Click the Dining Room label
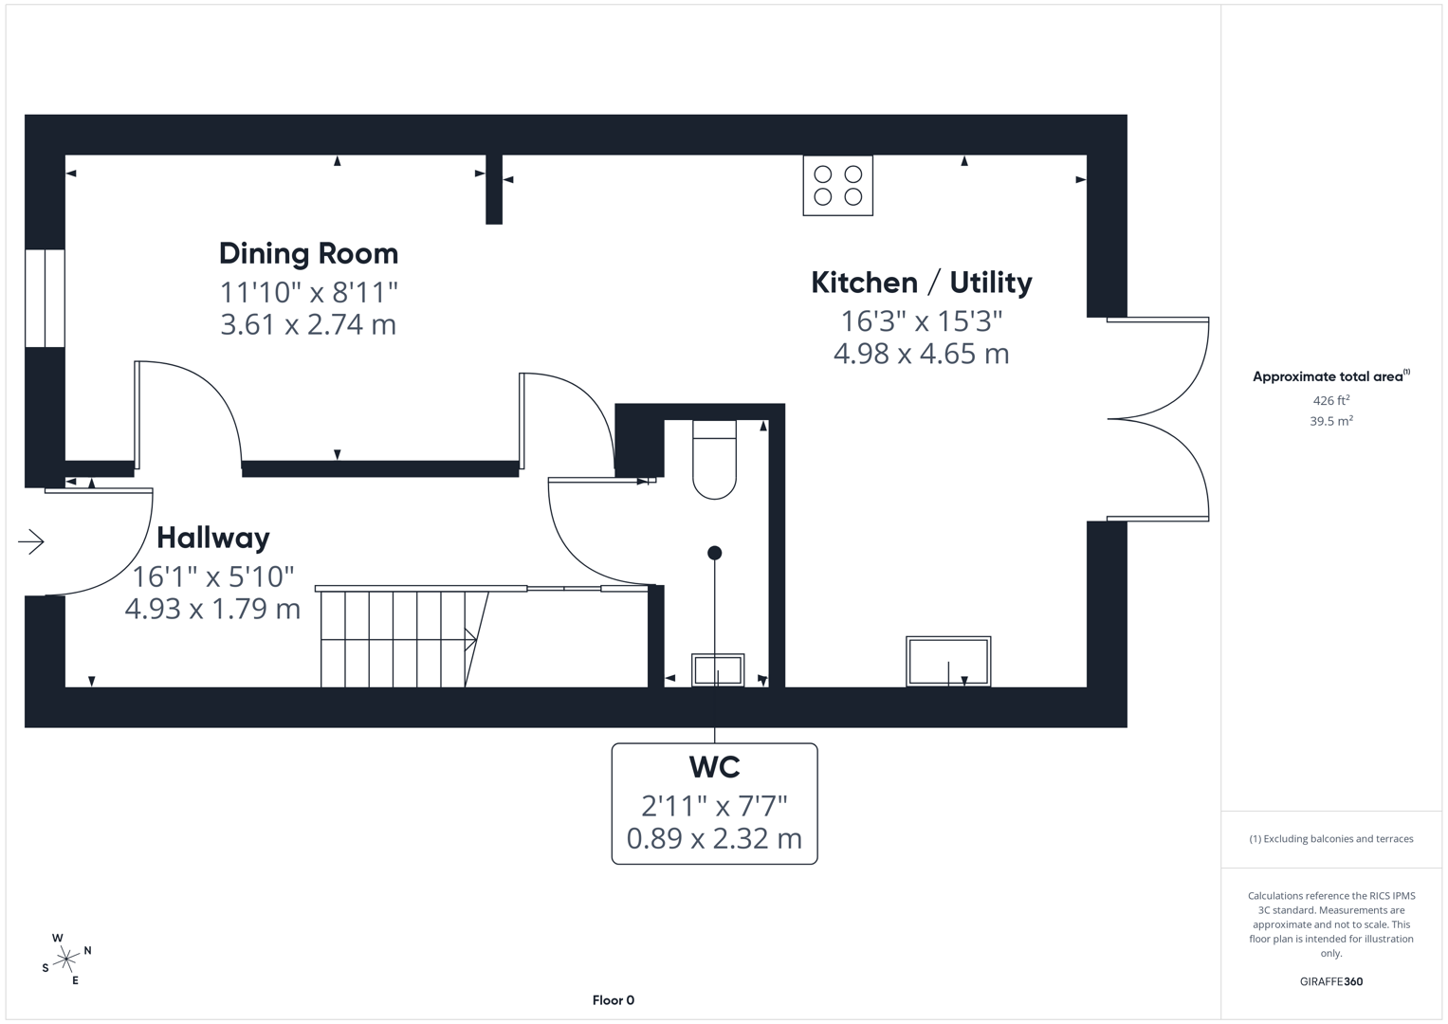[308, 253]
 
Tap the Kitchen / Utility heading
[921, 283]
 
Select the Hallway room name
[212, 538]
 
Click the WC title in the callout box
[714, 766]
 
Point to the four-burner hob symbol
[837, 186]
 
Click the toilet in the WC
[714, 460]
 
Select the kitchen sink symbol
[947, 661]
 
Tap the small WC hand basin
[718, 669]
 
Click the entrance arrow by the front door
[31, 541]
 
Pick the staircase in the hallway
[398, 638]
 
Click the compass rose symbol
[66, 960]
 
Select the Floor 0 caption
[613, 1000]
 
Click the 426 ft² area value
[1330, 401]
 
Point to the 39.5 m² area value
[1330, 421]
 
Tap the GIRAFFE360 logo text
[1330, 981]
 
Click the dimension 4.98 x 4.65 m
[921, 354]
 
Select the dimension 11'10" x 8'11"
[308, 292]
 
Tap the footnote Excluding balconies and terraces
[1330, 839]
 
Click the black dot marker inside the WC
[714, 553]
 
